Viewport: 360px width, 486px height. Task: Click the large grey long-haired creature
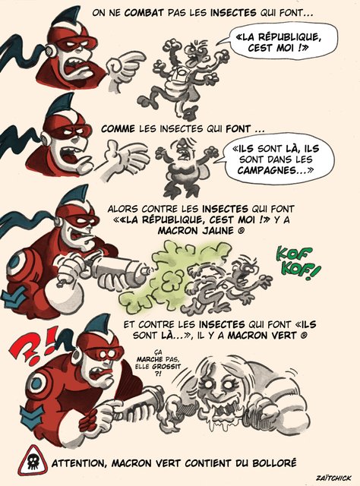[x=247, y=391]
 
